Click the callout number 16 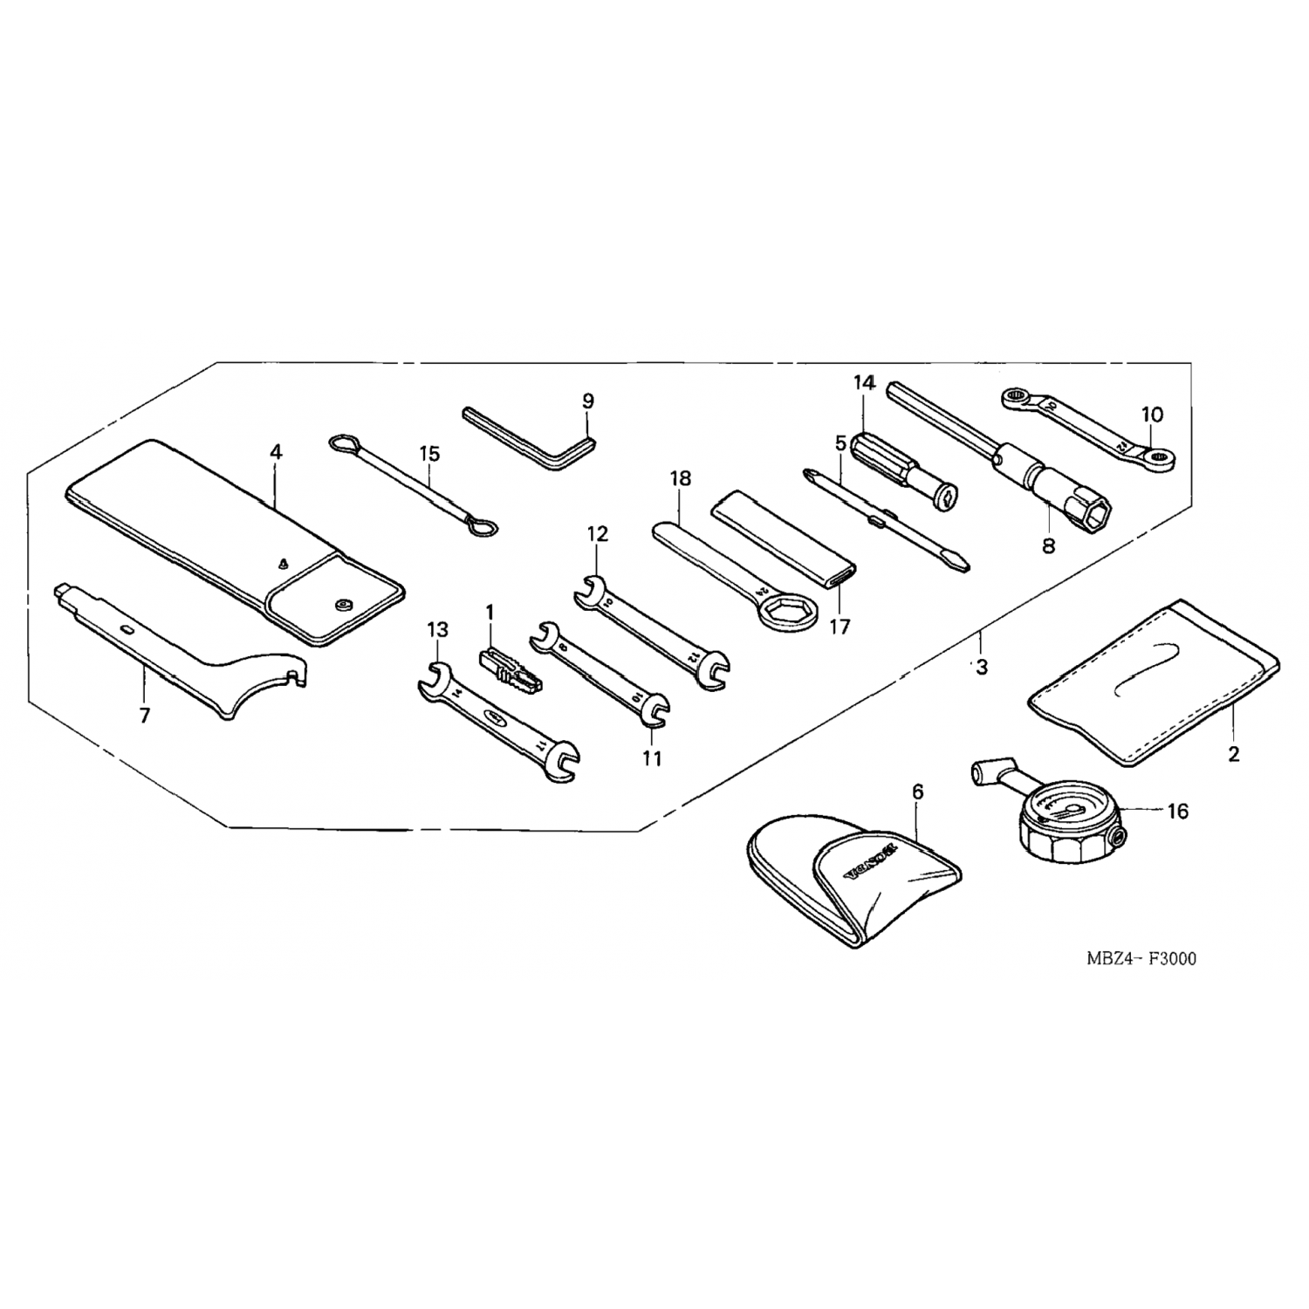click(x=1177, y=812)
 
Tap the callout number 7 click(x=145, y=716)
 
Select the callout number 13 click(x=437, y=629)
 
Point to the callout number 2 click(x=1233, y=754)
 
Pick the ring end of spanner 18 click(x=785, y=612)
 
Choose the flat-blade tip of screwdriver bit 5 click(x=958, y=560)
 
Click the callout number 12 click(x=598, y=532)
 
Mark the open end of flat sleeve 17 click(x=843, y=576)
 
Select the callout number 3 click(x=983, y=668)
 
